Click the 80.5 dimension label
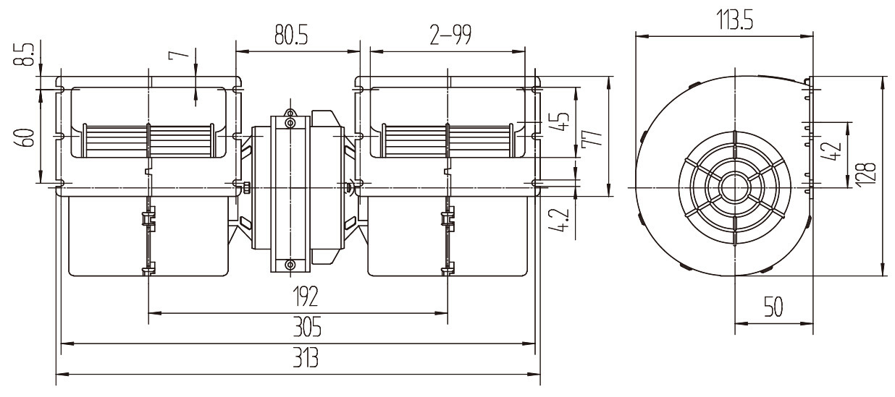(291, 35)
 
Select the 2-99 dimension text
(450, 35)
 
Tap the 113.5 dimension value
(735, 20)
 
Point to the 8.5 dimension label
(24, 55)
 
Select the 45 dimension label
(562, 121)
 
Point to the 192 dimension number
(306, 296)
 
